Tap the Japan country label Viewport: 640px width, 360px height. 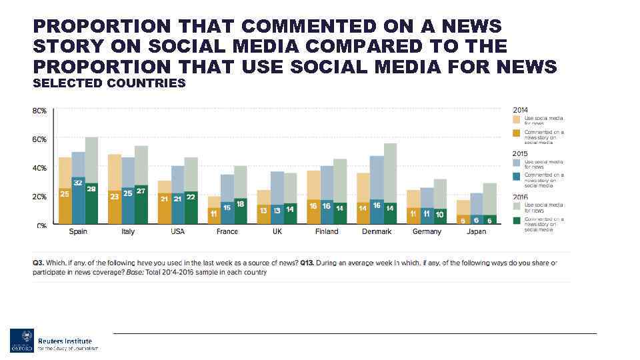pos(476,232)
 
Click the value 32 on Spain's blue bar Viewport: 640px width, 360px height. pos(78,183)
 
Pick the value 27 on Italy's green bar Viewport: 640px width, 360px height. pos(141,191)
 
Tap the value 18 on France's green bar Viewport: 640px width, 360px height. pos(240,203)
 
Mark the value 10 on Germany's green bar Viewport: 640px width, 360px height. pos(439,215)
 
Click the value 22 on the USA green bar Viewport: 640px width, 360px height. pos(191,197)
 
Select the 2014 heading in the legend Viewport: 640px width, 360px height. pos(520,109)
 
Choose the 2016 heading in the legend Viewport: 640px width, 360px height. pos(520,197)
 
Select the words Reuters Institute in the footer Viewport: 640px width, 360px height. pos(65,341)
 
